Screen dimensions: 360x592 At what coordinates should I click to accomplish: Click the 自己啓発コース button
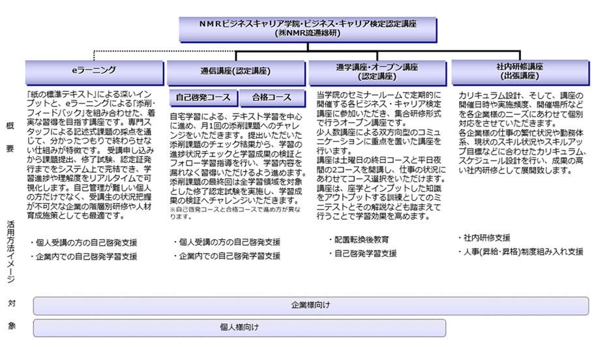[x=203, y=98]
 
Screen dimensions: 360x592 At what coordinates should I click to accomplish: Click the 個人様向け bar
[x=239, y=327]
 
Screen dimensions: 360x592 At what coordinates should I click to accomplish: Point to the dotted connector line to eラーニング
[x=130, y=51]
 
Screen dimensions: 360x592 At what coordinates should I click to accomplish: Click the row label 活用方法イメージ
[x=11, y=251]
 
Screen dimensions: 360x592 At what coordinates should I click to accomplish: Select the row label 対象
[x=11, y=315]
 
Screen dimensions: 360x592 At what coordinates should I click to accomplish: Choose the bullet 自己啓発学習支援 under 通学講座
[x=366, y=253]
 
